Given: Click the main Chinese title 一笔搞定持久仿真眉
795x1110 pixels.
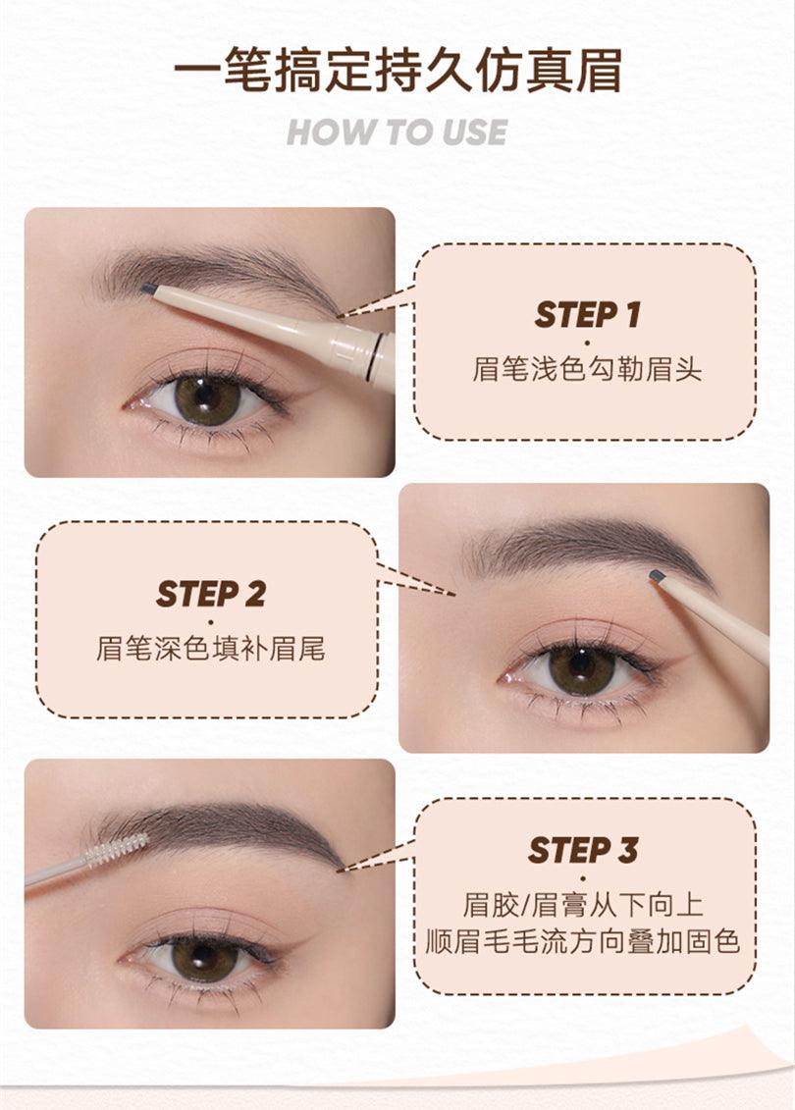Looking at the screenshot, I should [397, 73].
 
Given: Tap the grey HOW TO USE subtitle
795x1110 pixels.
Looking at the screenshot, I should [397, 132].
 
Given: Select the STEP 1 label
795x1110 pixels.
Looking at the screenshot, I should [587, 315].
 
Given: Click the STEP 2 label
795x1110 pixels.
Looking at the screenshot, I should [210, 594].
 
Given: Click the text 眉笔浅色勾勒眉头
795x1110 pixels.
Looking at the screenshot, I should [587, 370].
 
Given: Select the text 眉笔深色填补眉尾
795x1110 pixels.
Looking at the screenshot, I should [210, 649].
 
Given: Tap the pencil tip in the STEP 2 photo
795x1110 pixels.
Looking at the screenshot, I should [657, 576].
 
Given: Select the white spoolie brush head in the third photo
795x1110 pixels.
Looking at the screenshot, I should [116, 850].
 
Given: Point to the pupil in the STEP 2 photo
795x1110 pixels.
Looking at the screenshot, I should [581, 668].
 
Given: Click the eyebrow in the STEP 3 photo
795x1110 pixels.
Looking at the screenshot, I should [226, 829].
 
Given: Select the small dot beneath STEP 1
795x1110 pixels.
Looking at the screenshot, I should [587, 343].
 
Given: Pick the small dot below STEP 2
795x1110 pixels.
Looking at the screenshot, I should [210, 621].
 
